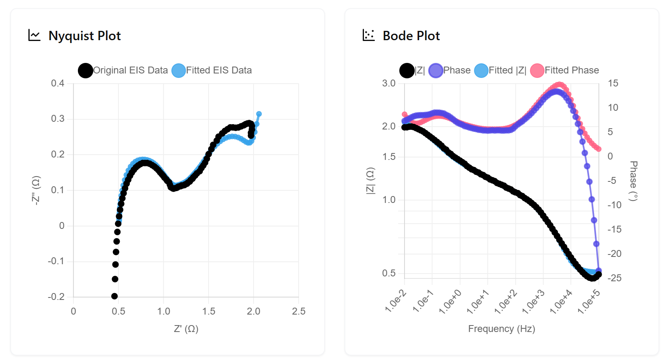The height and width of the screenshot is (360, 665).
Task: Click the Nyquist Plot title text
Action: [x=84, y=36]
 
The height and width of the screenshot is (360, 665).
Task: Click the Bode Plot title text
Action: [x=411, y=36]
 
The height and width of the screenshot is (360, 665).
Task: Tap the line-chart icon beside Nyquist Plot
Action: [x=34, y=35]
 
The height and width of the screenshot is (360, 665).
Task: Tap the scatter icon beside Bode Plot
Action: [x=368, y=35]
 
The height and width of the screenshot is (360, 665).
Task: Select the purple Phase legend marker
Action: [x=436, y=71]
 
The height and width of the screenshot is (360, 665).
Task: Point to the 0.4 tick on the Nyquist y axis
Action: [x=58, y=83]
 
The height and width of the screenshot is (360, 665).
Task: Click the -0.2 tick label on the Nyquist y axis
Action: [x=56, y=297]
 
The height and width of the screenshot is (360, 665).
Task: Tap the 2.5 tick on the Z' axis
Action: [x=299, y=311]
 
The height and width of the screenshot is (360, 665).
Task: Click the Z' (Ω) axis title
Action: [x=186, y=329]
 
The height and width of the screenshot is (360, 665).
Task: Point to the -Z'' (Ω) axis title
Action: [x=36, y=190]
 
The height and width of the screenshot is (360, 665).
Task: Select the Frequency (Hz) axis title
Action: [x=501, y=329]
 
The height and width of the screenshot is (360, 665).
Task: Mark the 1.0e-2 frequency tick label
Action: [x=395, y=302]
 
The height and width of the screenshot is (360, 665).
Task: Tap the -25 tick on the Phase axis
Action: [x=614, y=278]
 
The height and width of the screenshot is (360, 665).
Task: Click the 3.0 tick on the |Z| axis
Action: [x=389, y=83]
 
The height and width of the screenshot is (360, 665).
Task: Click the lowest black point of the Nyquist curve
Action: [x=114, y=296]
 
